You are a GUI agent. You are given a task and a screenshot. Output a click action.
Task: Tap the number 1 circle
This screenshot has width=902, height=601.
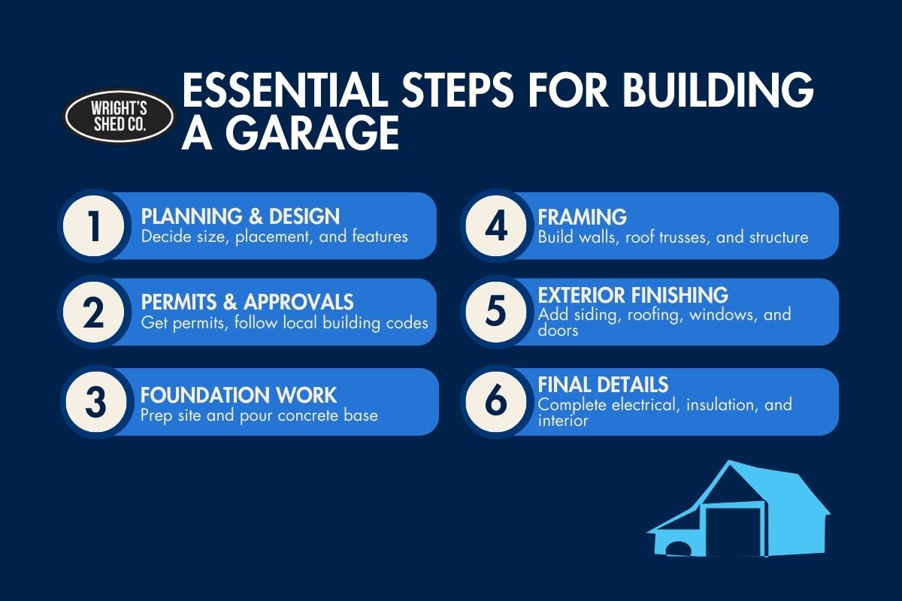point(94,225)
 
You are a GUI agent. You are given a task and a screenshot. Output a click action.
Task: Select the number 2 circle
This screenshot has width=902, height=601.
point(94,312)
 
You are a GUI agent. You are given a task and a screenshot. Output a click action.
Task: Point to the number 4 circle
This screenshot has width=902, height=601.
point(496,225)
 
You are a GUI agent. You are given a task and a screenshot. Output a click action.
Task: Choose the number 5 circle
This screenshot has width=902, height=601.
point(496,312)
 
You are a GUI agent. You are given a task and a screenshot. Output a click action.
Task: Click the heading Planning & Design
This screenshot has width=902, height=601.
point(241,217)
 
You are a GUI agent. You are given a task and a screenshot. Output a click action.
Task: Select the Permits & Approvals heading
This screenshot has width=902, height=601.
point(247,302)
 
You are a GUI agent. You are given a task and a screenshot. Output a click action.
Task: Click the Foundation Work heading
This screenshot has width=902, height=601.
point(239,394)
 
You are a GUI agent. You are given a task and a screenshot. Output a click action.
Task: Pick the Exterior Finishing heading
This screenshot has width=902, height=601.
point(633,294)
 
